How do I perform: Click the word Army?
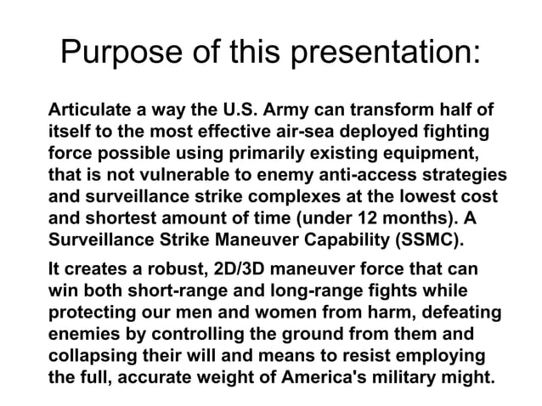(x=282, y=111)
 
